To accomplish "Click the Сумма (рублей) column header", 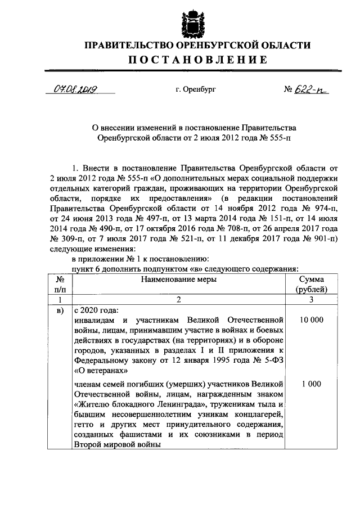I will point(311,284).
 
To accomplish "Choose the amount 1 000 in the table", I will point(311,384).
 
